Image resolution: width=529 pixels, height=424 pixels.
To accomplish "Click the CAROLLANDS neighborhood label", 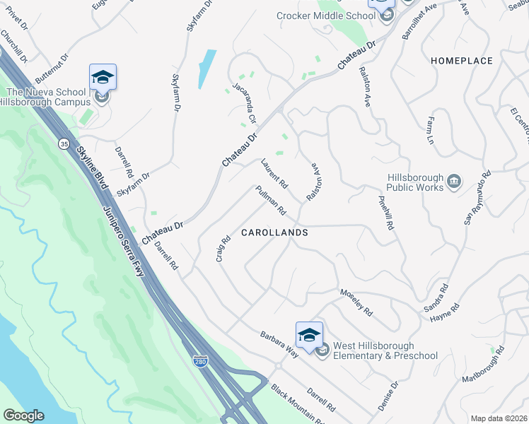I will (x=274, y=232).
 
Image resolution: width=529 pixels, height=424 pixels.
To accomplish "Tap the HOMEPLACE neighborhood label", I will (x=462, y=61).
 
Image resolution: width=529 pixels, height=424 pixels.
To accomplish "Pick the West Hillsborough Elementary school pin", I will (x=309, y=336).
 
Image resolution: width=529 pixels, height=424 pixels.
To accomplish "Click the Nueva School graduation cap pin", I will (x=103, y=78).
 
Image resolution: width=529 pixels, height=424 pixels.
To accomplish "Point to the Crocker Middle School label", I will (x=325, y=16).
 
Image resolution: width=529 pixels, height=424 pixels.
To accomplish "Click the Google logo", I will (x=23, y=416).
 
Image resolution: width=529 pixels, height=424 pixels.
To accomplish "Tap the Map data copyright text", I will (x=499, y=418).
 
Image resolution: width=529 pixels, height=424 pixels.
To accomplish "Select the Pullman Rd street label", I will (x=271, y=201).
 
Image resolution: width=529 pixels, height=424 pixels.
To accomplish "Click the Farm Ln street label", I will (x=429, y=129).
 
